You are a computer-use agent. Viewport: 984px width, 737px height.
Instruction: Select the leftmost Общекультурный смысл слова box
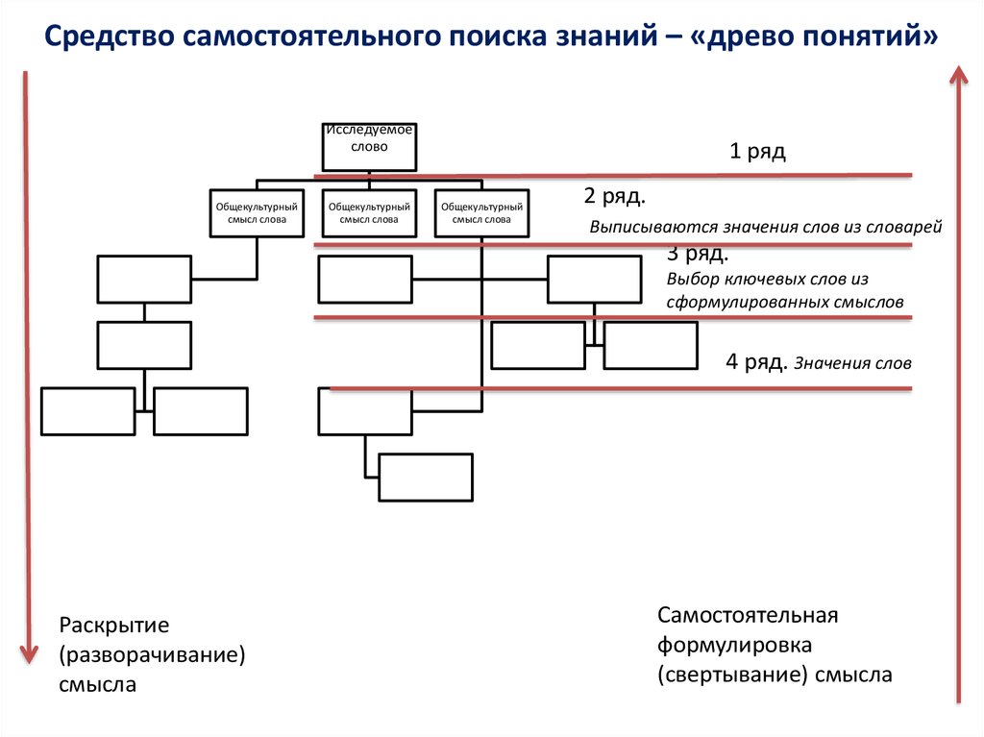click(257, 213)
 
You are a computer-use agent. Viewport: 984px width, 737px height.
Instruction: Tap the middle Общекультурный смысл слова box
click(366, 213)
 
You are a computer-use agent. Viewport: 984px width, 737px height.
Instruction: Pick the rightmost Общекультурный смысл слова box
click(481, 213)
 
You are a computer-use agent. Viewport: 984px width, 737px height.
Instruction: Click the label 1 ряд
click(757, 152)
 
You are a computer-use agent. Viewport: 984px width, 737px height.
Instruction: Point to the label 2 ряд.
click(614, 197)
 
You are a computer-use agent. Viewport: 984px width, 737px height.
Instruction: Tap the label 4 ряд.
click(757, 362)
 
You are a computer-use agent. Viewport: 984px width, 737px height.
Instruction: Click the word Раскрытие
click(114, 626)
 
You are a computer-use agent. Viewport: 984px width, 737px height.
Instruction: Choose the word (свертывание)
click(732, 675)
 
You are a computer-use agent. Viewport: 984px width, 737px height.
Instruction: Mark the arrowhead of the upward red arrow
click(958, 77)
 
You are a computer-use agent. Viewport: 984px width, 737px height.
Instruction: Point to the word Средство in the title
click(108, 39)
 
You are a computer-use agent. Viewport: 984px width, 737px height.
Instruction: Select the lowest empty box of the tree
click(426, 478)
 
